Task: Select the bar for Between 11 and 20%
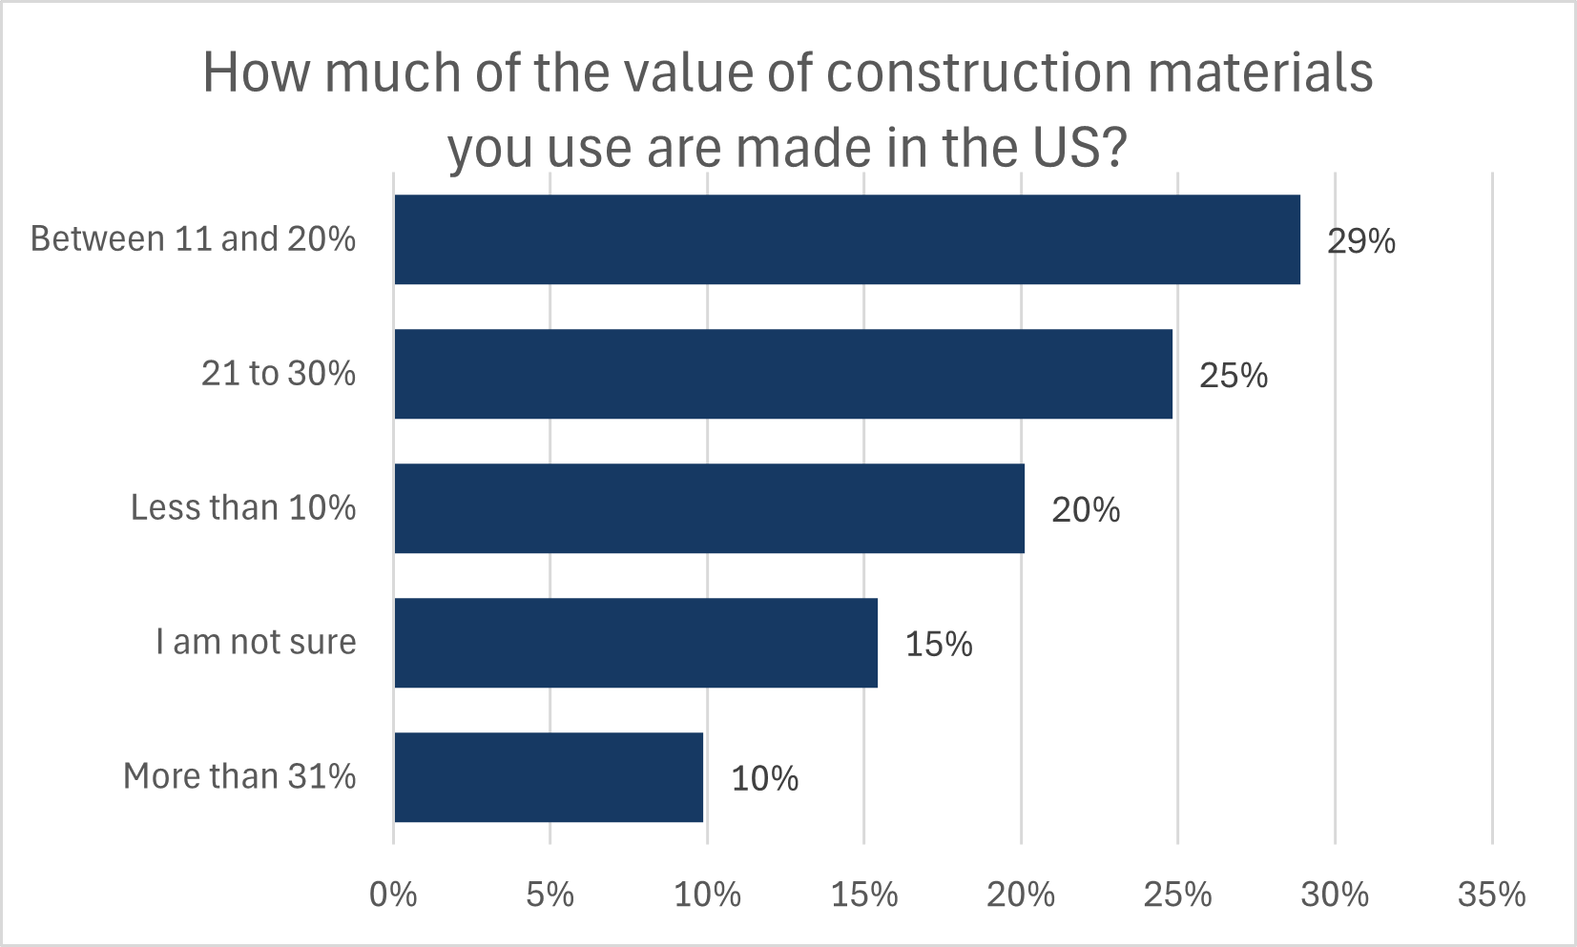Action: pos(847,239)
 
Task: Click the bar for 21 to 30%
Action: pos(783,374)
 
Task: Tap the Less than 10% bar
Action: pos(709,508)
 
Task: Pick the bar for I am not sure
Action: pos(635,643)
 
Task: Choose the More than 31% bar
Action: pos(549,777)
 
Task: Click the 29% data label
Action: pos(1360,241)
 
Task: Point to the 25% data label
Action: pos(1233,376)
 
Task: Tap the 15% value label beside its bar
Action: pos(938,645)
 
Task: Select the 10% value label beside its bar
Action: pos(764,779)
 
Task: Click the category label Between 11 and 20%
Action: pos(193,238)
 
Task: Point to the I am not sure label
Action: pos(256,642)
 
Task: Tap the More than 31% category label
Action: pos(239,776)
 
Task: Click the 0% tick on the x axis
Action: pos(393,895)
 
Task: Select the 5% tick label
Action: pos(550,895)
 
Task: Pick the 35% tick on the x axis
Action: pos(1491,895)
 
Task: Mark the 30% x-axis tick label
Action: pos(1335,895)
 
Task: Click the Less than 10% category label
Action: pos(243,507)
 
